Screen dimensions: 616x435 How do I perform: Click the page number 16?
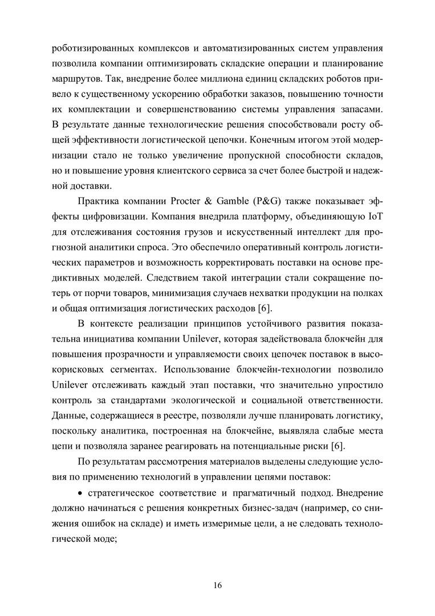click(217, 585)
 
